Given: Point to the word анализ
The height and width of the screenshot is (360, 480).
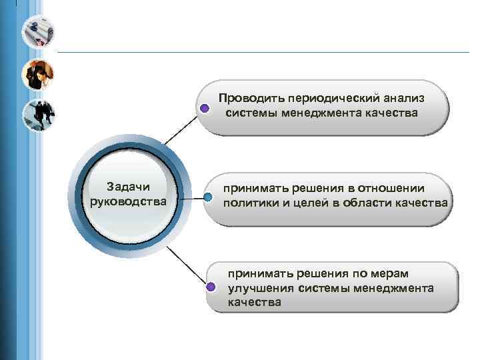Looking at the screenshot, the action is [x=402, y=98].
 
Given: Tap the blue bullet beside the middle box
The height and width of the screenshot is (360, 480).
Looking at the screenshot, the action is [x=209, y=197].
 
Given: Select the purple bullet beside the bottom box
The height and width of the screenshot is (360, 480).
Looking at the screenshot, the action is [x=210, y=287].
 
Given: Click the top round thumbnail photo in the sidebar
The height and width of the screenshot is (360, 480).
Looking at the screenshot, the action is [x=38, y=31].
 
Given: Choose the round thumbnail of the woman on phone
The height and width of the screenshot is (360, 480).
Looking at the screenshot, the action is [x=38, y=74].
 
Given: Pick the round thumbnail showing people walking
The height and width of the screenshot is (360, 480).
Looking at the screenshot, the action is [x=38, y=116].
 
